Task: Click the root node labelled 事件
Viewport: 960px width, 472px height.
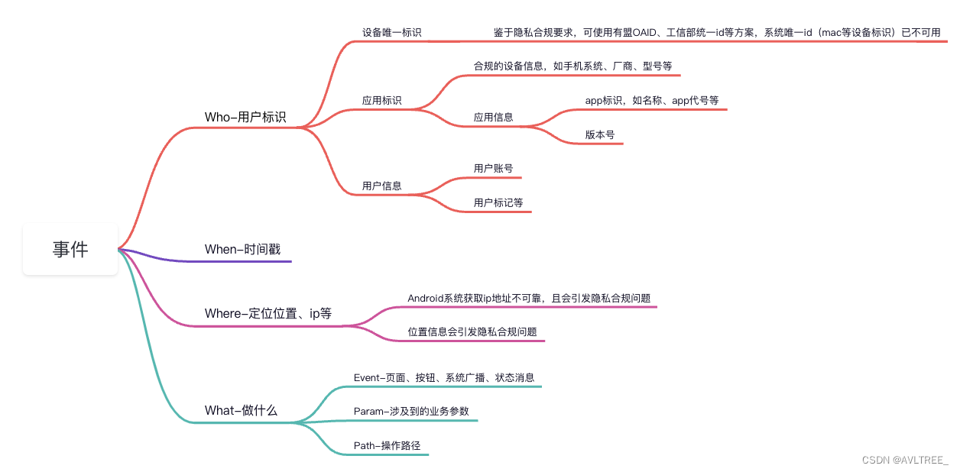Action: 70,249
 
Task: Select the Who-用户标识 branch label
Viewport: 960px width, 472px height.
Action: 245,117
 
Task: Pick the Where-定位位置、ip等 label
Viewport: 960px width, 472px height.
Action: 268,313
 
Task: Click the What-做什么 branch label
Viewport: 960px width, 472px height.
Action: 241,410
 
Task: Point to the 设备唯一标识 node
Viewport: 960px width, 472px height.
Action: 391,33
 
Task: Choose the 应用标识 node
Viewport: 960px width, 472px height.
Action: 381,100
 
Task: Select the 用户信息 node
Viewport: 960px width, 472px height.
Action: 381,186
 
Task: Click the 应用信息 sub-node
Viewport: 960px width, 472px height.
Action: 493,118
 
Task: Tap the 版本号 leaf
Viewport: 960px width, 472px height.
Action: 600,134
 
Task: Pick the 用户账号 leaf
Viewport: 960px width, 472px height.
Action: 493,168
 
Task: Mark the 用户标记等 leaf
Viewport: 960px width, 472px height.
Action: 498,202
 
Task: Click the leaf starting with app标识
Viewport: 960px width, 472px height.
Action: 652,100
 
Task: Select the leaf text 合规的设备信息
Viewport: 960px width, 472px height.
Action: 572,66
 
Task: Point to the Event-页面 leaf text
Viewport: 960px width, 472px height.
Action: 444,377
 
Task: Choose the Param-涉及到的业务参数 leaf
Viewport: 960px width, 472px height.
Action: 411,411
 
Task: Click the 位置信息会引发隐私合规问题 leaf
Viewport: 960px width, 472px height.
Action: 472,331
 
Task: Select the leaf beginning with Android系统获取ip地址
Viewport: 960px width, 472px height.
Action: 529,298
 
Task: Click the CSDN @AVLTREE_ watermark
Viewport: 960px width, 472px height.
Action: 904,460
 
